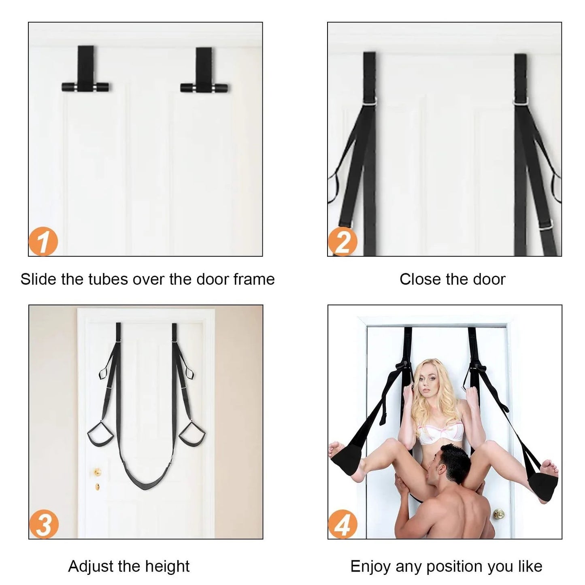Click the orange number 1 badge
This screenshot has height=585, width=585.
(43, 242)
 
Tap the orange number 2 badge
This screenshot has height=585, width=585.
(342, 242)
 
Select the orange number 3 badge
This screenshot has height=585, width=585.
(44, 525)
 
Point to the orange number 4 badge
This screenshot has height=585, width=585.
(343, 525)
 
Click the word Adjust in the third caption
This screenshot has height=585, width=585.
(90, 566)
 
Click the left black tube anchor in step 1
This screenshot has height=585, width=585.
(85, 87)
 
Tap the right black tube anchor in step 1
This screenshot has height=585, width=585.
(204, 87)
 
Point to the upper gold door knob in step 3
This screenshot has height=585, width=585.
(97, 472)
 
